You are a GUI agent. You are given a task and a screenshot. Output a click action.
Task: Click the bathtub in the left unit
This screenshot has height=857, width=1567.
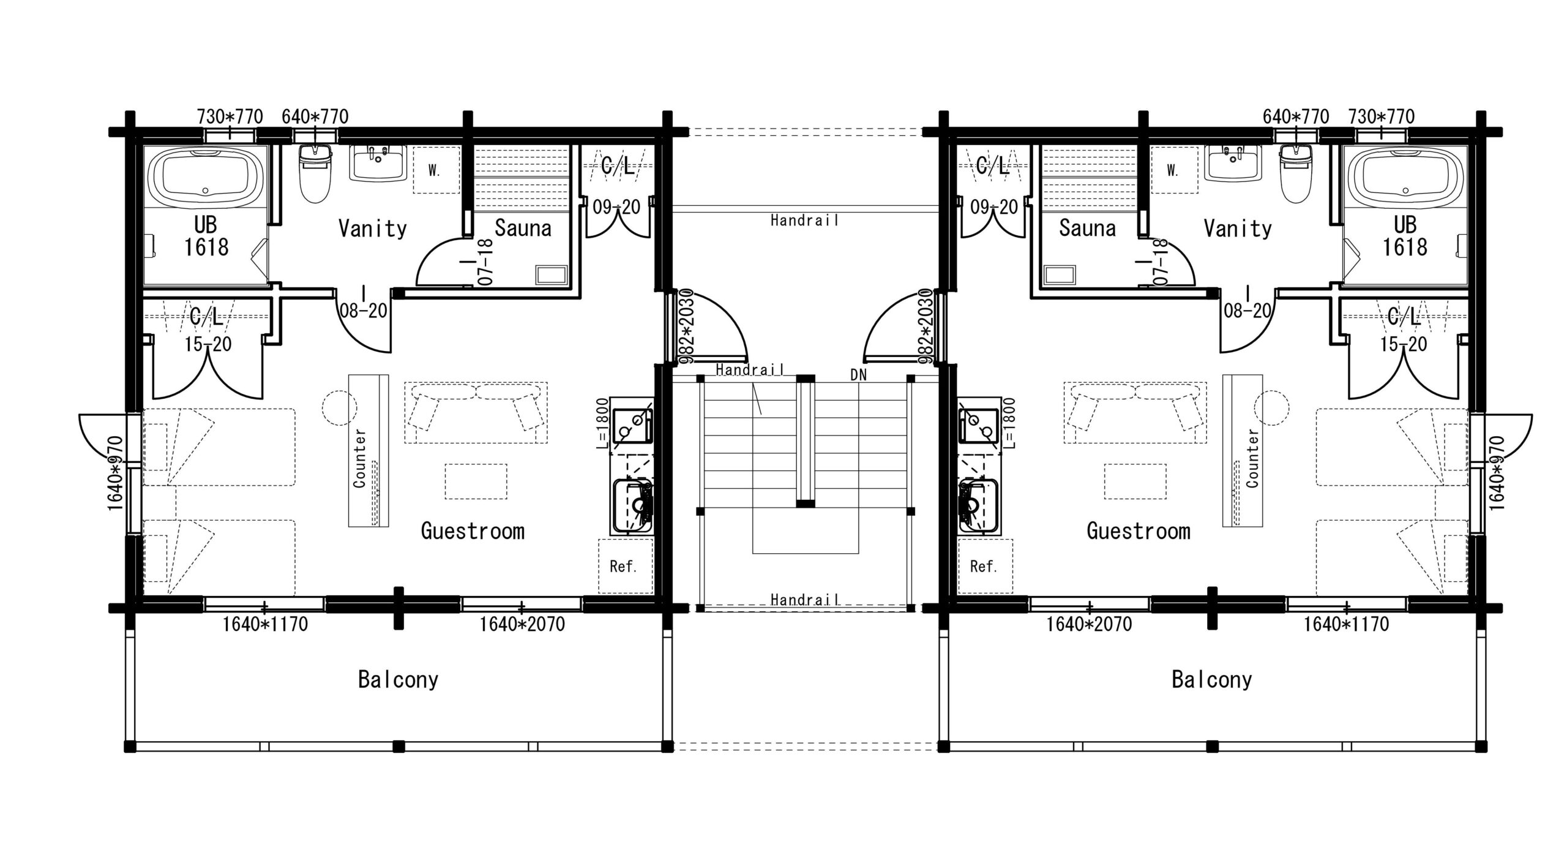pyautogui.click(x=206, y=176)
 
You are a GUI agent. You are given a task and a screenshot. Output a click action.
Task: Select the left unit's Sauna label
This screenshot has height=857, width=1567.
pyautogui.click(x=523, y=228)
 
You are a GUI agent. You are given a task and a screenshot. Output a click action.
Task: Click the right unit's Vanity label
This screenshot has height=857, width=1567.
pyautogui.click(x=1238, y=228)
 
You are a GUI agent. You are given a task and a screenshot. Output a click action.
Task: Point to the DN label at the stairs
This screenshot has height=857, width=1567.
pyautogui.click(x=859, y=375)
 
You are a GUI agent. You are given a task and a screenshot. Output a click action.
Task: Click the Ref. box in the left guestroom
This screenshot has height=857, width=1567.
pyautogui.click(x=625, y=566)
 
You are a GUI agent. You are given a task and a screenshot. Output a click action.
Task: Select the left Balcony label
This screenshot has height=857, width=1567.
pyautogui.click(x=398, y=679)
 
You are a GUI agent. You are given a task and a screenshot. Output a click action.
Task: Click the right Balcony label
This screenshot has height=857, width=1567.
pyautogui.click(x=1212, y=679)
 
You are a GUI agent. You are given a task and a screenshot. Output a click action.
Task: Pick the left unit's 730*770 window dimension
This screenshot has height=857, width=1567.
pyautogui.click(x=230, y=116)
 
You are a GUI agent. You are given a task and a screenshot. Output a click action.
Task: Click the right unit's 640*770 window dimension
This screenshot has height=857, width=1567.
pyautogui.click(x=1296, y=116)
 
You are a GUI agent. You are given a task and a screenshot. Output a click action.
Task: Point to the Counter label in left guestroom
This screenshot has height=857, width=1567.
pyautogui.click(x=359, y=458)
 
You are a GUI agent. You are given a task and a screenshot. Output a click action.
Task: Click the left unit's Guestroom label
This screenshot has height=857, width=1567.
pyautogui.click(x=473, y=530)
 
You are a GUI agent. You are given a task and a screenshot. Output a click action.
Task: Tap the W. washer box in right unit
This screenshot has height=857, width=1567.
pyautogui.click(x=1173, y=170)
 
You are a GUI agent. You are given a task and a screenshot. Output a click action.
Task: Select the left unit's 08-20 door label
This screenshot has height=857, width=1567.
pyautogui.click(x=364, y=311)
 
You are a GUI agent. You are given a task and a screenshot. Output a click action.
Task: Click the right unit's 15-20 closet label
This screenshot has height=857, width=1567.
pyautogui.click(x=1403, y=344)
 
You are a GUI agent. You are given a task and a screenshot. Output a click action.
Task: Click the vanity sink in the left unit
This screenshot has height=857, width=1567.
pyautogui.click(x=378, y=162)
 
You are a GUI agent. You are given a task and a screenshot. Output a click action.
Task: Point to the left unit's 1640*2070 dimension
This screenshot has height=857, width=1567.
pyautogui.click(x=522, y=624)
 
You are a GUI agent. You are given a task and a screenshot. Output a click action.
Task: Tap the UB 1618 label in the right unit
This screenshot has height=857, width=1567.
pyautogui.click(x=1405, y=236)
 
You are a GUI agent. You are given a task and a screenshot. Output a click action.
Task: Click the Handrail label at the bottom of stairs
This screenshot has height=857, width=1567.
pyautogui.click(x=804, y=600)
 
